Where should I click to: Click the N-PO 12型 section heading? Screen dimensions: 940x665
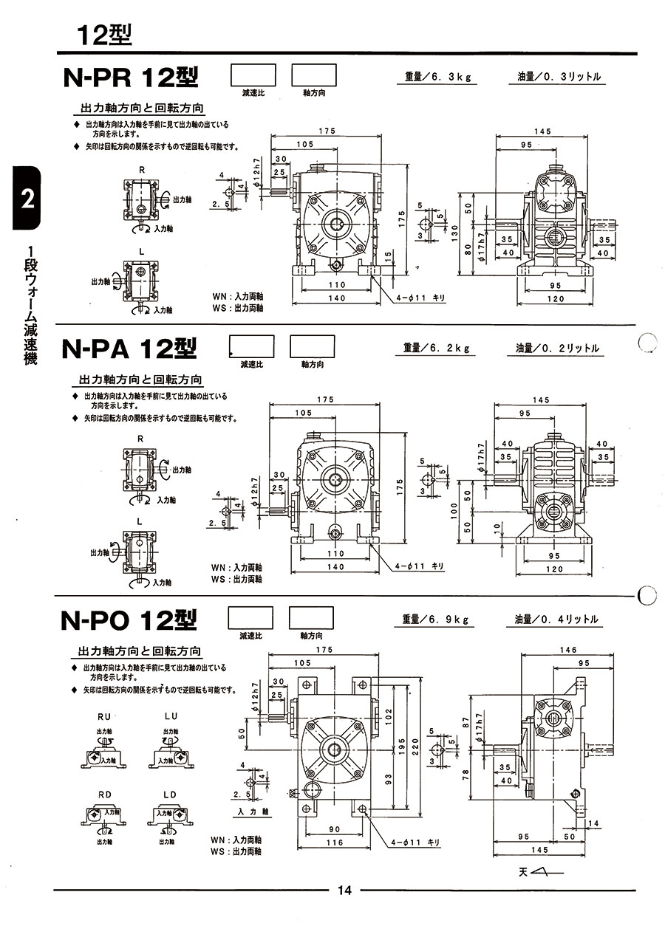tap(129, 619)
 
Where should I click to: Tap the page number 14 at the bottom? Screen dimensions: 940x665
tap(344, 890)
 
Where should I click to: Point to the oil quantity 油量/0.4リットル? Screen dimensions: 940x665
tap(556, 620)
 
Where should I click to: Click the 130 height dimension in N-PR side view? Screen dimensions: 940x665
tap(456, 231)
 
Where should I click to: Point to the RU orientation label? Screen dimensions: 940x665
tap(104, 716)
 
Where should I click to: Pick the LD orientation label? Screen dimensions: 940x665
tap(171, 794)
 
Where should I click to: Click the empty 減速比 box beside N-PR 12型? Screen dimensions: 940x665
tap(253, 75)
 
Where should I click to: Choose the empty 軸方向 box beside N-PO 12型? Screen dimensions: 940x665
tap(310, 617)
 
